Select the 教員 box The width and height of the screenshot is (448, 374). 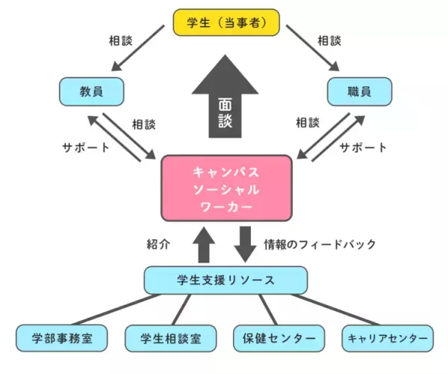pyautogui.click(x=90, y=91)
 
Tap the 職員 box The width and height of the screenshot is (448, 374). pyautogui.click(x=360, y=91)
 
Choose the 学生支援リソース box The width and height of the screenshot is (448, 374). pyautogui.click(x=225, y=280)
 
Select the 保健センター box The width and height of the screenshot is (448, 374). pyautogui.click(x=279, y=337)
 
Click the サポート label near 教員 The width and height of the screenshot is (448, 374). pyautogui.click(x=84, y=147)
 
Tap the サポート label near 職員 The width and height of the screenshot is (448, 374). pyautogui.click(x=363, y=147)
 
